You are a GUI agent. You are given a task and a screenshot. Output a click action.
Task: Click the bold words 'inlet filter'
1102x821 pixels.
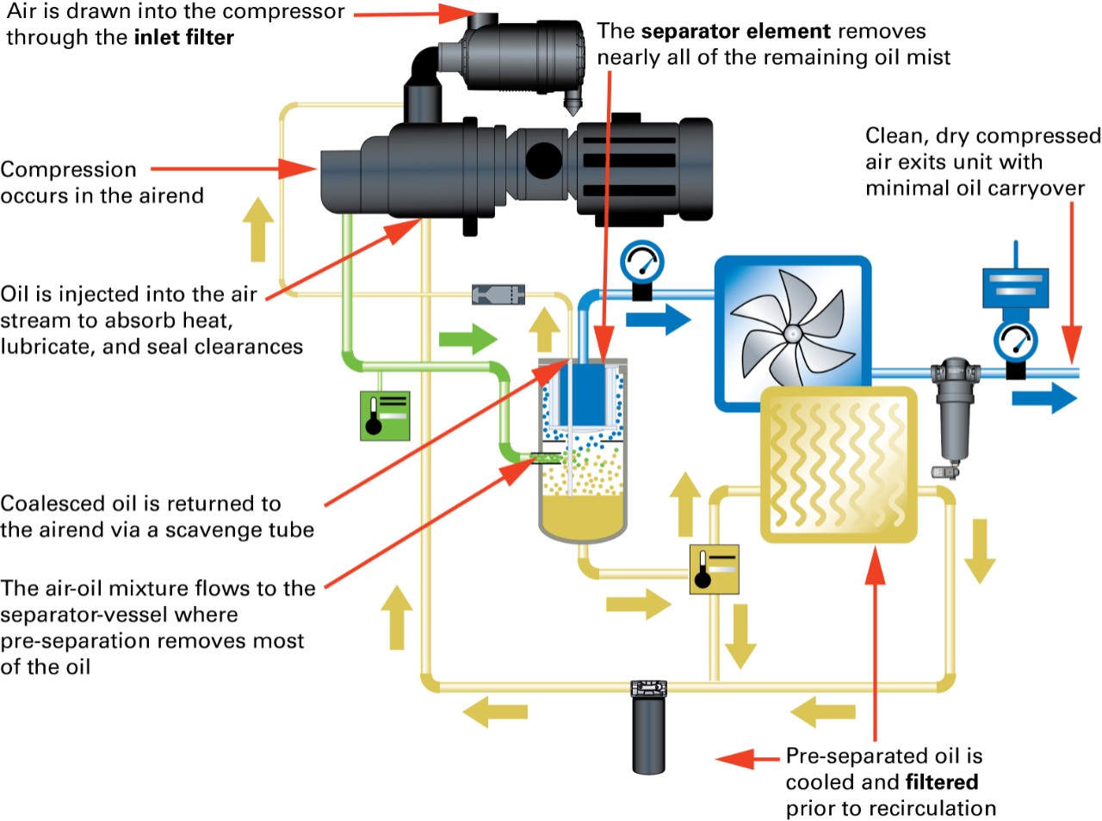(183, 38)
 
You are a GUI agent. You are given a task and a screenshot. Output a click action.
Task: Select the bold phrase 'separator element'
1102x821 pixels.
(735, 32)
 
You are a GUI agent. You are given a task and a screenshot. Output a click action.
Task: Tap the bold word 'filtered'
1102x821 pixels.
(941, 782)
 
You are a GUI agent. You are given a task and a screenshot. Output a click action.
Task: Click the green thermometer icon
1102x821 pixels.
(385, 416)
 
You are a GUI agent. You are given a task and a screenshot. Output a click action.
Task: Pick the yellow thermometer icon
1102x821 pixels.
(714, 569)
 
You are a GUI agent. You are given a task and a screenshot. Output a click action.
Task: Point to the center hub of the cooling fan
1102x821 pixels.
(793, 332)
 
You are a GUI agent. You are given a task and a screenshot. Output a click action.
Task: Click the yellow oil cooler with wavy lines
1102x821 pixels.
(839, 465)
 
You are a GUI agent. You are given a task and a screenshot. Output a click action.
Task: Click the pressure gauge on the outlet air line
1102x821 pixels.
(1015, 343)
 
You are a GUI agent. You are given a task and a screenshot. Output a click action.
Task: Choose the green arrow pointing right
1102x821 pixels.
(467, 338)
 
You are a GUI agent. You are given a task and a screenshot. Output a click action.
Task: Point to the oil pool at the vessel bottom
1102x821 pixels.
(582, 516)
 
